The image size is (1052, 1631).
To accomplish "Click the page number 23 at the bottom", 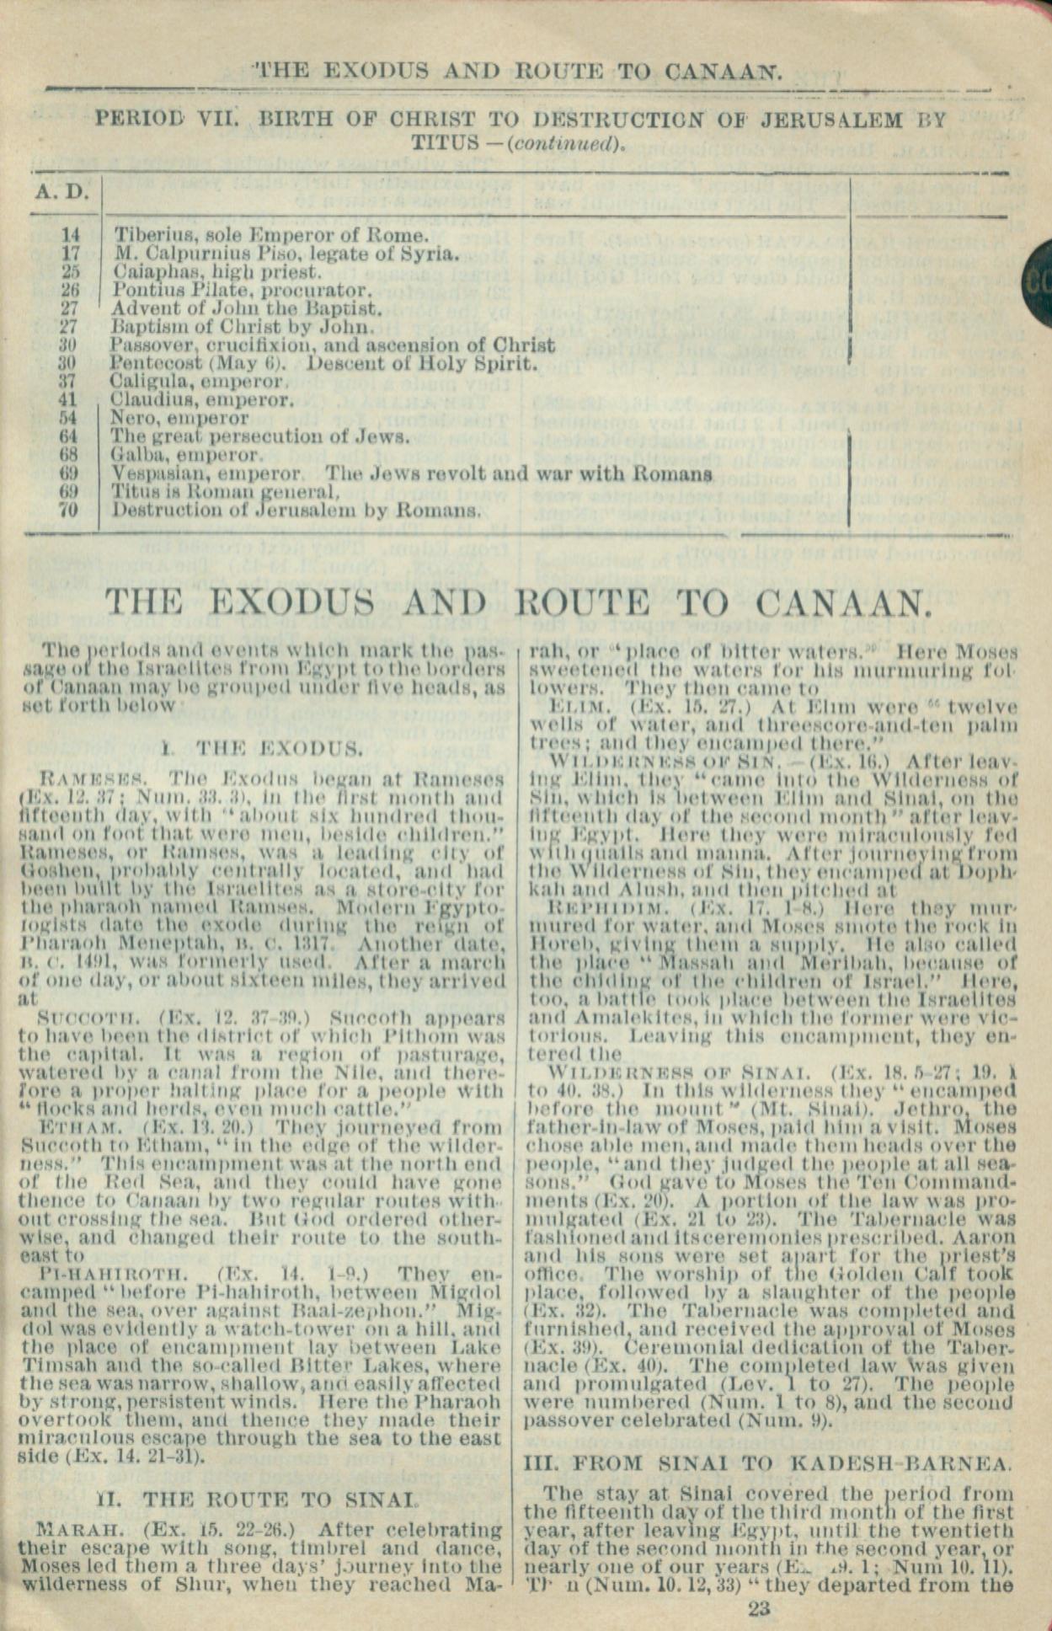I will coord(758,1609).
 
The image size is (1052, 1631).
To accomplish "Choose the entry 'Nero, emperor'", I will coord(179,418).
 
